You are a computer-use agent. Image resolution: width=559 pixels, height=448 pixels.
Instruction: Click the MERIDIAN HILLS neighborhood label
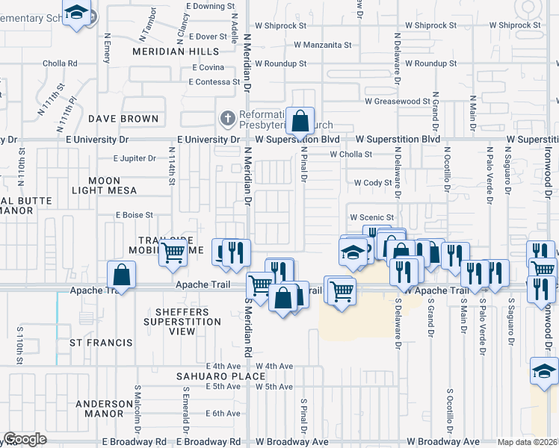pos(176,52)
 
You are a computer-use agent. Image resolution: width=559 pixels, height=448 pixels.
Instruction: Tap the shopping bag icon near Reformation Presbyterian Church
pos(299,121)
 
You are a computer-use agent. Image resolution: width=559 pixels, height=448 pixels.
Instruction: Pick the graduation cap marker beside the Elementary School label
pos(75,13)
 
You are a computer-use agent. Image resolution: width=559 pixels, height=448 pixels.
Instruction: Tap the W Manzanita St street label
pos(323,45)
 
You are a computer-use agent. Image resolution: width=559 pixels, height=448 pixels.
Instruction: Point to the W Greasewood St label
pos(398,101)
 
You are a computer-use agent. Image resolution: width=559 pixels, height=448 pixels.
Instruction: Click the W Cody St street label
pos(373,183)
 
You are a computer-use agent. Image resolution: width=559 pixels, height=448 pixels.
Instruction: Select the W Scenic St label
pos(371,217)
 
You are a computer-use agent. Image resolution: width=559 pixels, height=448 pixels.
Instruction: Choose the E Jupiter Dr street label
pos(135,158)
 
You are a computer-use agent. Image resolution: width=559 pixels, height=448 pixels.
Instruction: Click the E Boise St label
pos(134,215)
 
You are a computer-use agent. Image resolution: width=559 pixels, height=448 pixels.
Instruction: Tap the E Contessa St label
pos(214,82)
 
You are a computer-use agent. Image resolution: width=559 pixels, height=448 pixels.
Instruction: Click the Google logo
pos(25,439)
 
